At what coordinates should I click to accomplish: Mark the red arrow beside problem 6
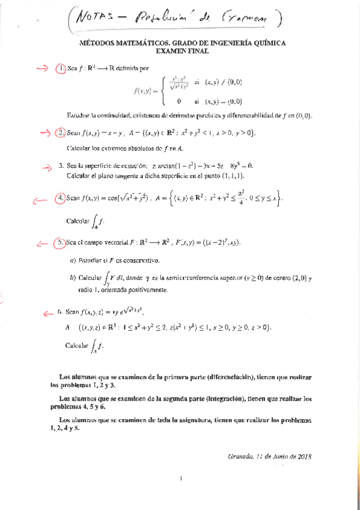(x=48, y=312)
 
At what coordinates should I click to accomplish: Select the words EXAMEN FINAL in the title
(x=181, y=52)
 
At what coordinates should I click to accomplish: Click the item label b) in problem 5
(x=73, y=278)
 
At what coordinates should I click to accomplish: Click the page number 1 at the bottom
(x=181, y=479)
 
